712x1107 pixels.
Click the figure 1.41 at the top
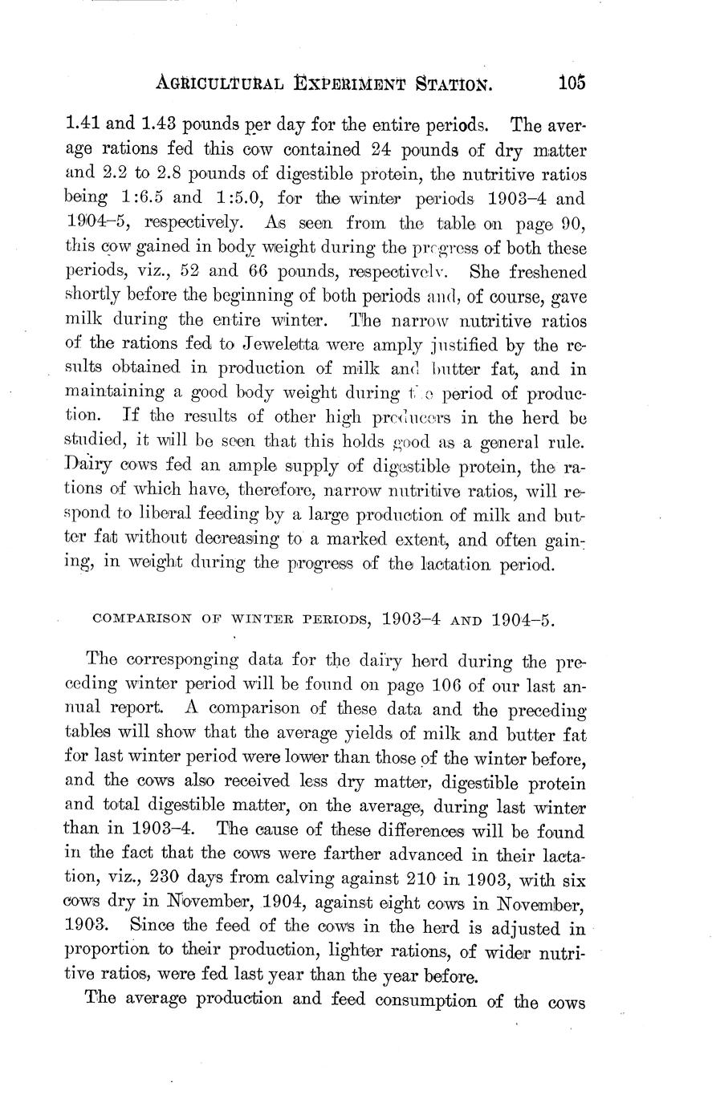[79, 126]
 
